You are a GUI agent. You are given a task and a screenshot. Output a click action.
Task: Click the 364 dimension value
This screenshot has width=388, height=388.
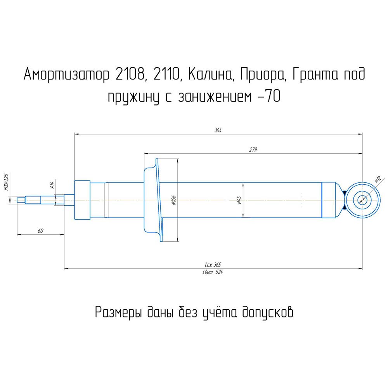(x=218, y=130)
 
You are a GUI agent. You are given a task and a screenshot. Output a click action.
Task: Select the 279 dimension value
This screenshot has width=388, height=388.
(x=253, y=149)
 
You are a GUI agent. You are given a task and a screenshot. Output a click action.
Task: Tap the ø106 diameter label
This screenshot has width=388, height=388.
(x=173, y=200)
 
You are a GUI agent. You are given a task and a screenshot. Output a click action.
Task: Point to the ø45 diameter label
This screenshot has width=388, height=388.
(x=239, y=200)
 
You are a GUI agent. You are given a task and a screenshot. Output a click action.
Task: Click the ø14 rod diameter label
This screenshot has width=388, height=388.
(x=52, y=185)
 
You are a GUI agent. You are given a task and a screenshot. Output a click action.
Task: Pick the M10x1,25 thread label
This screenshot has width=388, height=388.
(x=7, y=182)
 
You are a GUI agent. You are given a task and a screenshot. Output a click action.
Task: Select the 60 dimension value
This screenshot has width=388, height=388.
(x=40, y=230)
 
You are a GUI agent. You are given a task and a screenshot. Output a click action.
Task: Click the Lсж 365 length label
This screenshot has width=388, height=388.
(x=213, y=265)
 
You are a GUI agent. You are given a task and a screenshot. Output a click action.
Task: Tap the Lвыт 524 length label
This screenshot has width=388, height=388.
(x=213, y=272)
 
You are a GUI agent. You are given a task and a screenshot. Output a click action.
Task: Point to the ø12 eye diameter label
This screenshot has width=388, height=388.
(x=378, y=179)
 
